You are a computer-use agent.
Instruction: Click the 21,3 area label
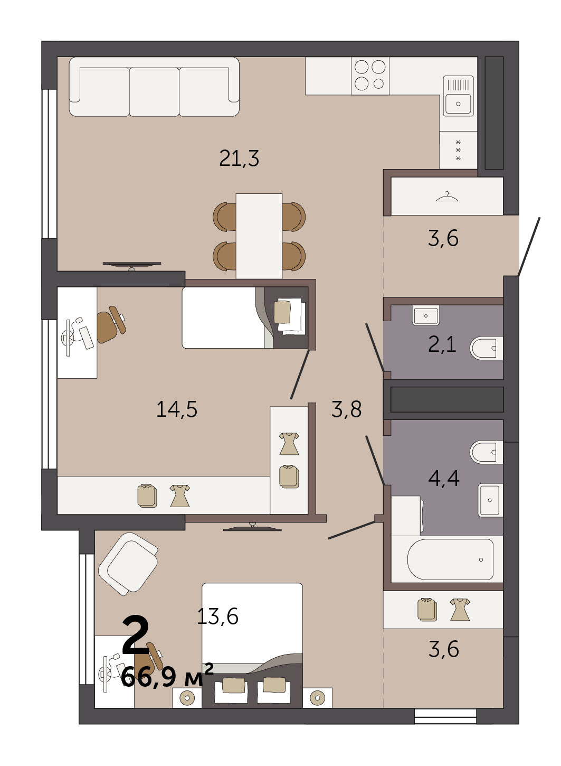(239, 158)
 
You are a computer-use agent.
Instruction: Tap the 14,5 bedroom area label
(177, 409)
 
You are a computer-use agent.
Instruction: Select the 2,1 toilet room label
(442, 344)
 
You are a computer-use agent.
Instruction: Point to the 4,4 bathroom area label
(443, 478)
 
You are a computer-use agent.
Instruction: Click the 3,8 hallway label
(346, 409)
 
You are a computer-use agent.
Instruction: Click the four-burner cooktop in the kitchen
(370, 76)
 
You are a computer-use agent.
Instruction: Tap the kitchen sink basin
(458, 103)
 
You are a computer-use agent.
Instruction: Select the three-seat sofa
(154, 87)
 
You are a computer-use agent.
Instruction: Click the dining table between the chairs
(259, 236)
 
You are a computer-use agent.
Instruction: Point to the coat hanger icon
(447, 197)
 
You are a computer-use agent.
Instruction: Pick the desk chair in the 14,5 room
(111, 324)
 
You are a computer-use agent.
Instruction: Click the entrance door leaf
(529, 246)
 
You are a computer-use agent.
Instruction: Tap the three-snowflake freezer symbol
(459, 150)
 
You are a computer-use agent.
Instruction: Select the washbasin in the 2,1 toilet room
(426, 315)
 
